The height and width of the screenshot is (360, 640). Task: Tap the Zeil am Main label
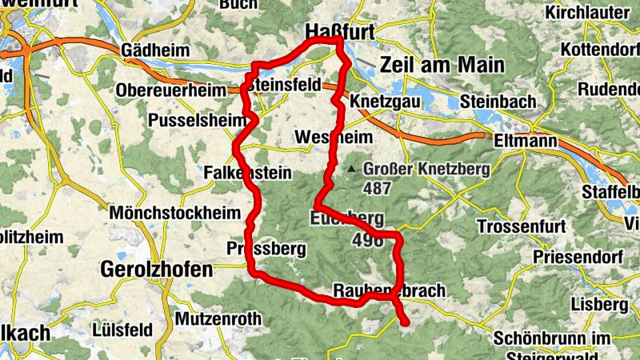pyautogui.click(x=443, y=65)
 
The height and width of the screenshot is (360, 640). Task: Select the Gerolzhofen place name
pyautogui.click(x=158, y=270)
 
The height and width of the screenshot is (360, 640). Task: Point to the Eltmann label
pyautogui.click(x=521, y=141)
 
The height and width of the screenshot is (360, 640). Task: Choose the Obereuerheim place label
pyautogui.click(x=171, y=90)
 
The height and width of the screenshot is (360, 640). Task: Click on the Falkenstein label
pyautogui.click(x=247, y=172)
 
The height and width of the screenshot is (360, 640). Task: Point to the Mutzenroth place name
pyautogui.click(x=218, y=318)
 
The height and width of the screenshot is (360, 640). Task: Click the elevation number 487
pyautogui.click(x=376, y=190)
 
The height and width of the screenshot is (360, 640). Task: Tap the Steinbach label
pyautogui.click(x=491, y=102)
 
